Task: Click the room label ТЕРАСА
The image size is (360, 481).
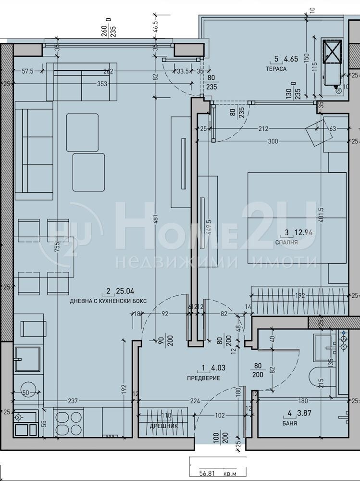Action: pos(276,69)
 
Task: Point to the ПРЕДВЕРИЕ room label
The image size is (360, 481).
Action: pos(203,378)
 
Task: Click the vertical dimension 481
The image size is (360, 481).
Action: pos(154,216)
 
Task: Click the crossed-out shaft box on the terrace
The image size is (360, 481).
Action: pos(331,51)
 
